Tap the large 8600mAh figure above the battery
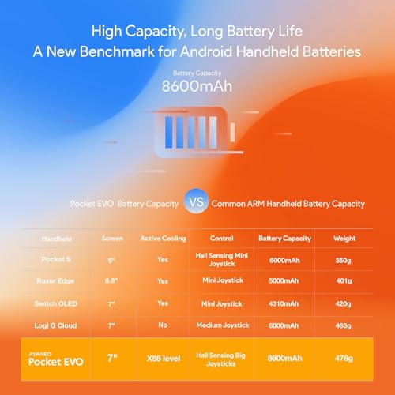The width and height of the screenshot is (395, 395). (x=197, y=85)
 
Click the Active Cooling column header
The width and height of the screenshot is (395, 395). (x=162, y=237)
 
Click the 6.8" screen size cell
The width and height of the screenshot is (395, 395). (x=107, y=280)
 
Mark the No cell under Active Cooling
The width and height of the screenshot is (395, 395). (x=162, y=325)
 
